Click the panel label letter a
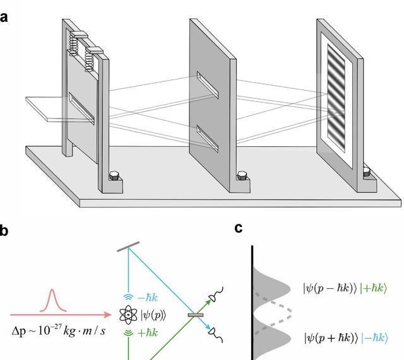point(4,17)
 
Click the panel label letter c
point(239,228)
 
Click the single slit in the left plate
point(81,109)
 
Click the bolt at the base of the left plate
point(114,176)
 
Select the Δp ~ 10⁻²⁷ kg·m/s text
point(59,330)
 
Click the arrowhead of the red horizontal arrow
point(109,314)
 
